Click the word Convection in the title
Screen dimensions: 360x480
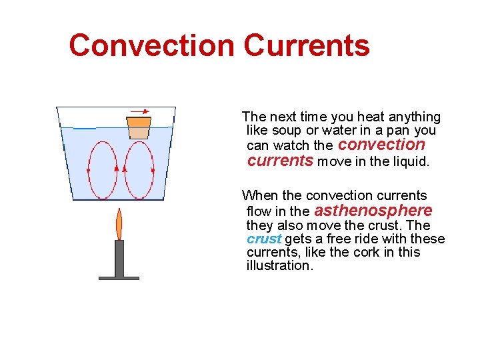[x=152, y=45]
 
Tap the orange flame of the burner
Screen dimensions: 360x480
[x=119, y=225]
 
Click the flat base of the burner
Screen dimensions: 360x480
[x=119, y=277]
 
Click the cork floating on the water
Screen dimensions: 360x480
[x=139, y=127]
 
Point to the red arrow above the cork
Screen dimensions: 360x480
[x=139, y=111]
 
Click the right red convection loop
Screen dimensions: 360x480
[x=139, y=170]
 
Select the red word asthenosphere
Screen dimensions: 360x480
[x=373, y=211]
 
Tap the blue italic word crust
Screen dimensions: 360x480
[x=264, y=239]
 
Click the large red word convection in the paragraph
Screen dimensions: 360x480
[x=381, y=145]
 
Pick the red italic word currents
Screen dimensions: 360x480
[x=280, y=160]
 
